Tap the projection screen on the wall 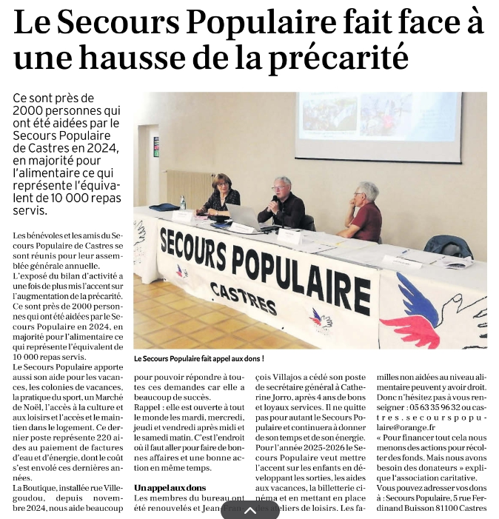coord(378,126)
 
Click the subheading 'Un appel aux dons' coord(170,488)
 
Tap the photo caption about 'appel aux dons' coord(199,358)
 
